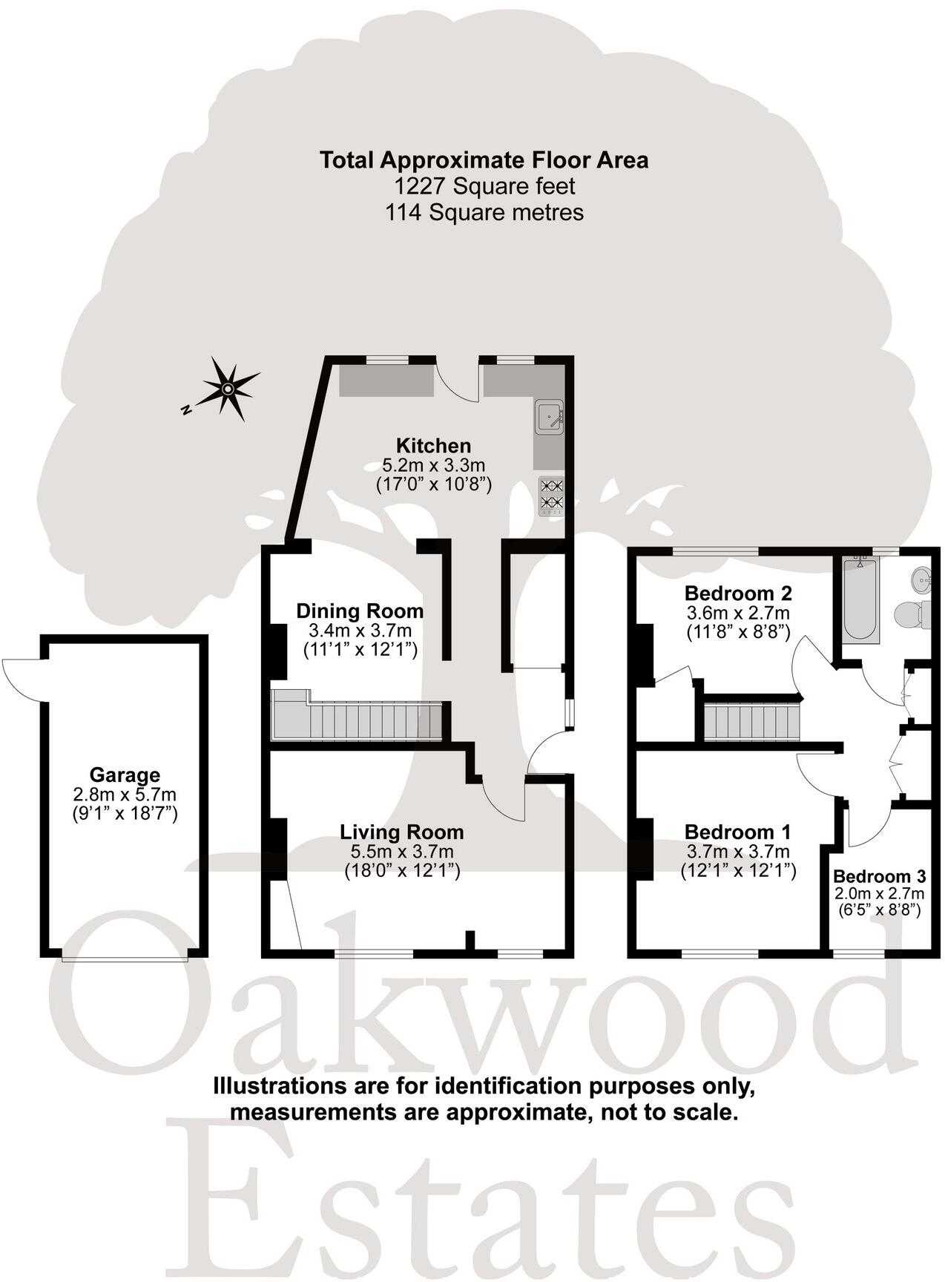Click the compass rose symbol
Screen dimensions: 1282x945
(228, 388)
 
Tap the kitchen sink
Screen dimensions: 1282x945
(549, 417)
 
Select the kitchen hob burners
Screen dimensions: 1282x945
(550, 495)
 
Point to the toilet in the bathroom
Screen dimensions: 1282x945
(912, 614)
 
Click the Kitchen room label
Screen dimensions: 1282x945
(433, 446)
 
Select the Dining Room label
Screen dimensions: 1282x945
(360, 611)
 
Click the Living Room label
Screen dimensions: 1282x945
(402, 832)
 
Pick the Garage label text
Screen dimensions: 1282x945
(125, 775)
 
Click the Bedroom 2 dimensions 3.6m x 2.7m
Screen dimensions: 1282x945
(737, 614)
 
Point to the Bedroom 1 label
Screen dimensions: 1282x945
(737, 832)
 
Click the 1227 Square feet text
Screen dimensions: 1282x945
(484, 186)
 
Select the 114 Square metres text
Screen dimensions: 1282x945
(484, 213)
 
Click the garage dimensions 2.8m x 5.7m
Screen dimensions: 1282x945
(125, 795)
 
